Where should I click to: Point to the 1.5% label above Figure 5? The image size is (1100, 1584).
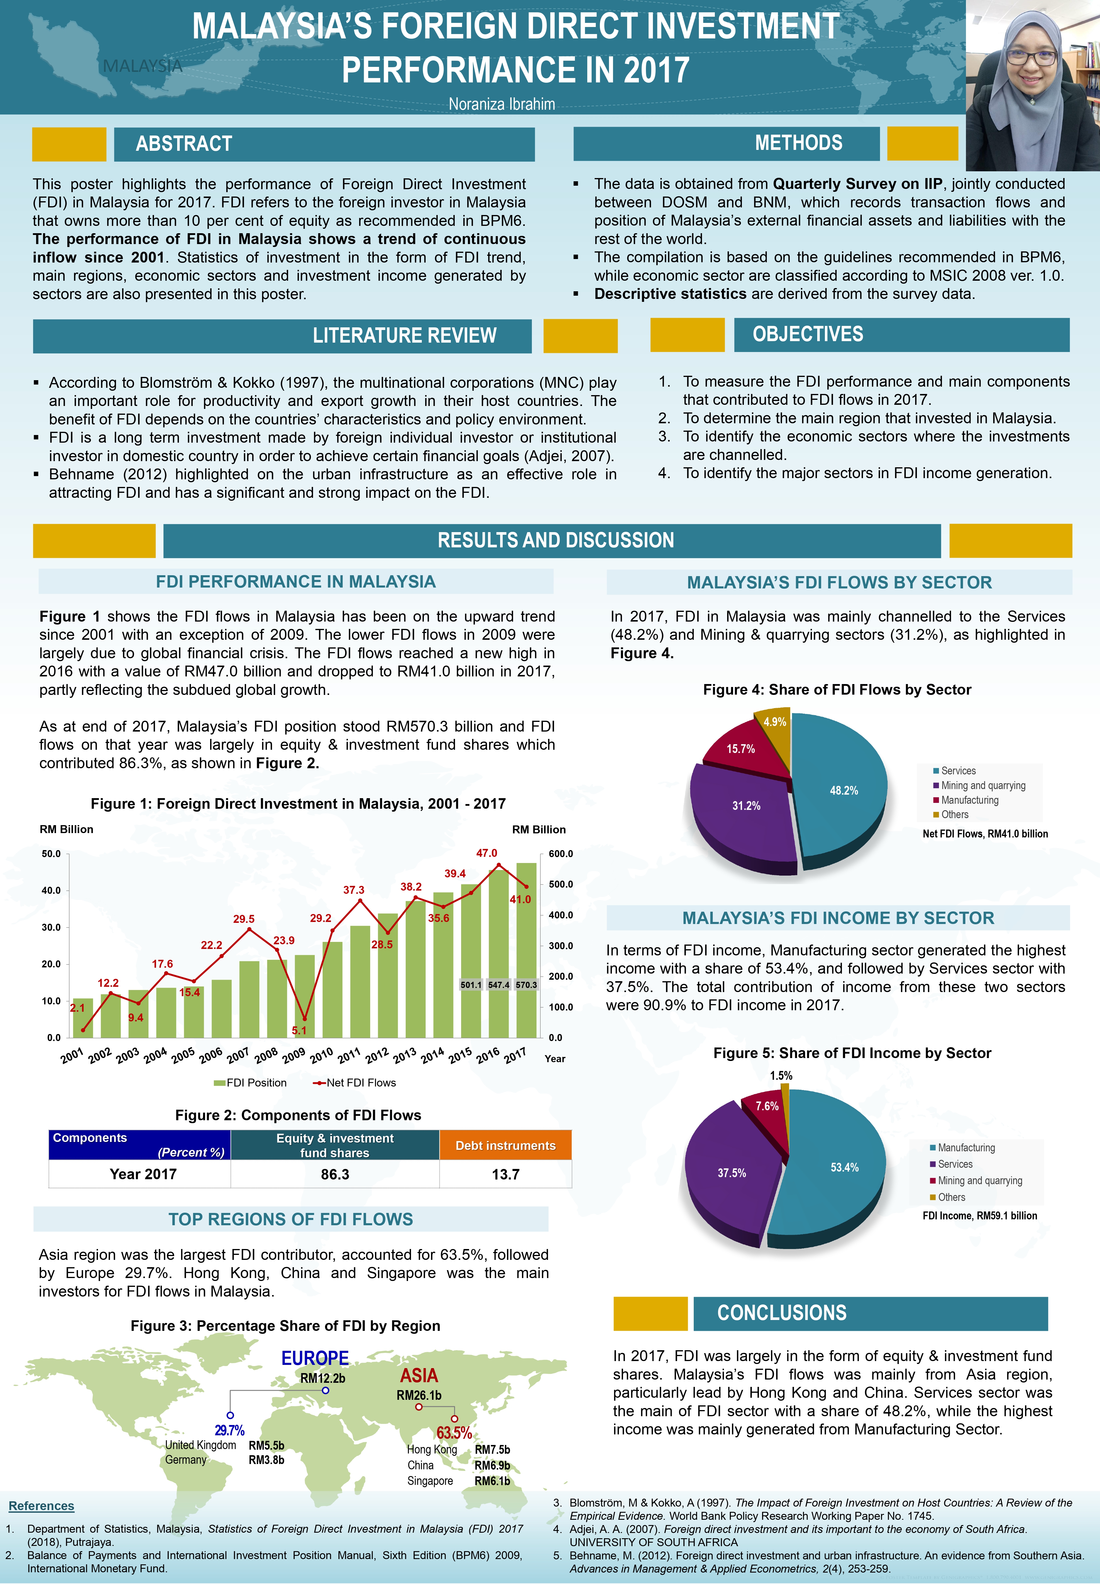pos(781,1075)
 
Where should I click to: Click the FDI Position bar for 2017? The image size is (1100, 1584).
pos(526,951)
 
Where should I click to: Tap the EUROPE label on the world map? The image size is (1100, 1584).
pos(315,1358)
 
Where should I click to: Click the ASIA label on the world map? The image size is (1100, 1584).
pos(419,1376)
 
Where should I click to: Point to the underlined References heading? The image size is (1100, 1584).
pos(41,1506)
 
